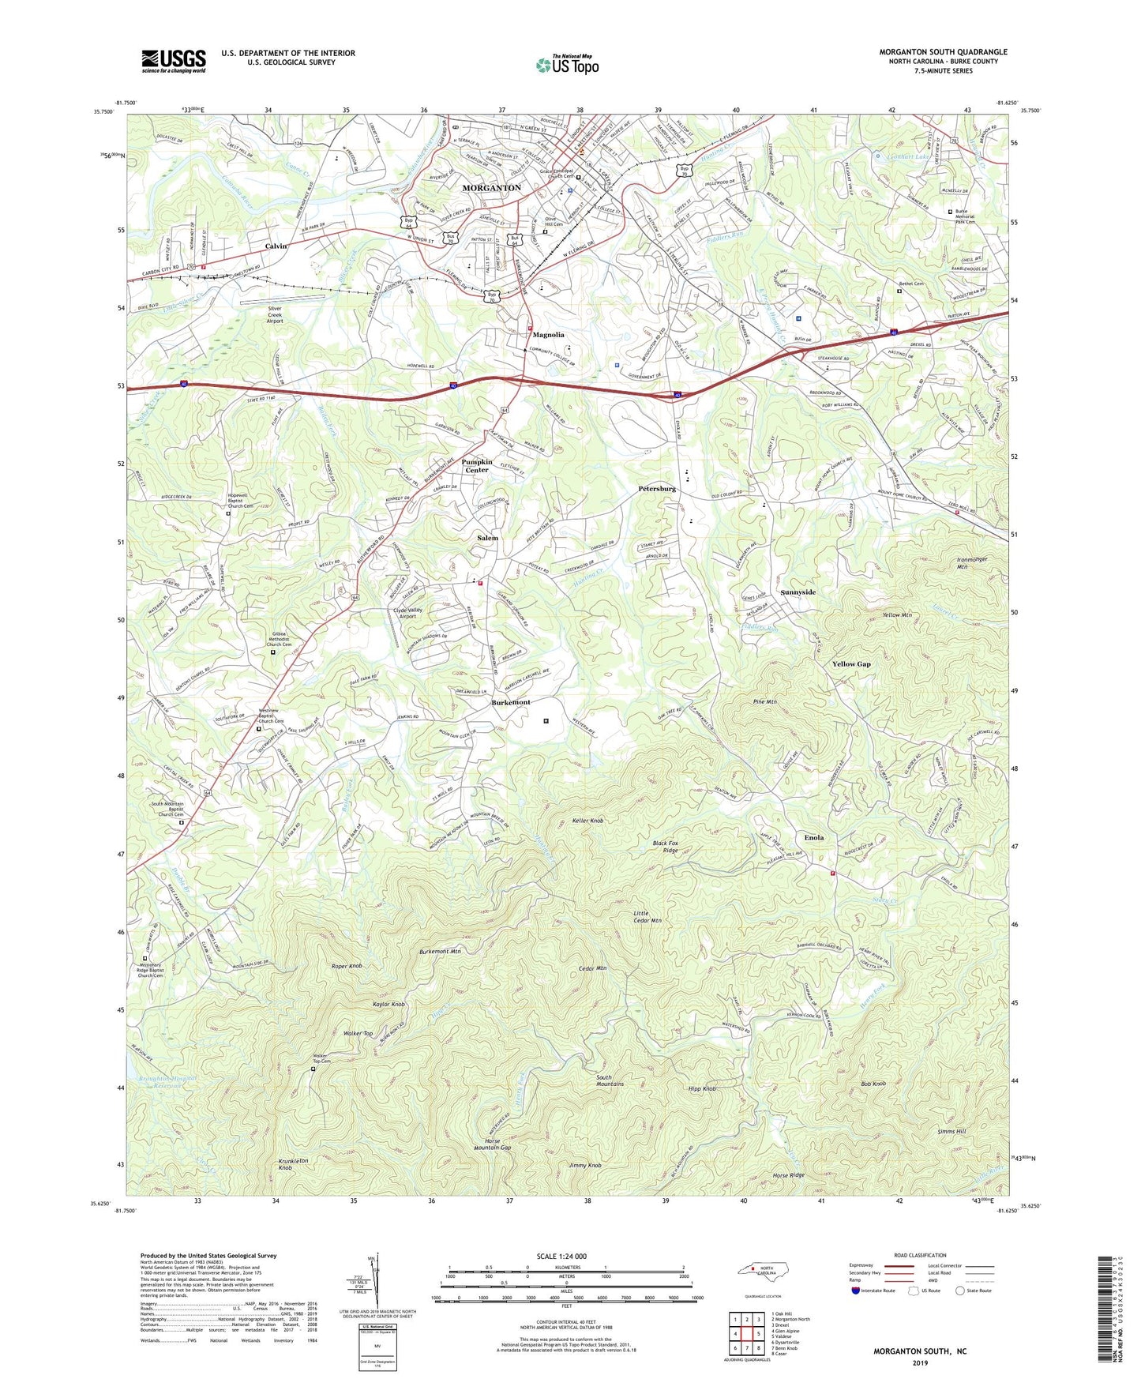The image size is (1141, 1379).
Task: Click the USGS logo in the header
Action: tap(174, 61)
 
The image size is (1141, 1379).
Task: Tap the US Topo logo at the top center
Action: tap(567, 65)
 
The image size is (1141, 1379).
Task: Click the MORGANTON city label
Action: tap(491, 188)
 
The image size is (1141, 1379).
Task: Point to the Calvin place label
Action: tap(276, 246)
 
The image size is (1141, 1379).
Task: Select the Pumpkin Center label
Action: tap(476, 466)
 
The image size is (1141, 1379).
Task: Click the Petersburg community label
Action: tap(657, 489)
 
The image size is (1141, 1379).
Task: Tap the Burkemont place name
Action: tap(511, 702)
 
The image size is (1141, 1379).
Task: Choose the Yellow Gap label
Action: tap(851, 664)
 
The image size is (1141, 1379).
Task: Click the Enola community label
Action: tap(813, 837)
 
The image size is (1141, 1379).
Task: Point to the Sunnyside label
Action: tap(798, 592)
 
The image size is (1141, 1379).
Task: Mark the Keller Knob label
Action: tap(587, 821)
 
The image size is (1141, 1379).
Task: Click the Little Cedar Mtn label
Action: tap(647, 916)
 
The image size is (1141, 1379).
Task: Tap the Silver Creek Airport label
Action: tap(275, 314)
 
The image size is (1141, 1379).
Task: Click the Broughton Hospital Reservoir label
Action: tap(167, 1082)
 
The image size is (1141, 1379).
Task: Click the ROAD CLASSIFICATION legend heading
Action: tap(920, 1255)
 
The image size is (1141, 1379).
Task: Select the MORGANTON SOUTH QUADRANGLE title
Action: tap(943, 52)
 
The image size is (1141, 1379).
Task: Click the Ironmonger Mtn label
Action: tap(971, 563)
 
